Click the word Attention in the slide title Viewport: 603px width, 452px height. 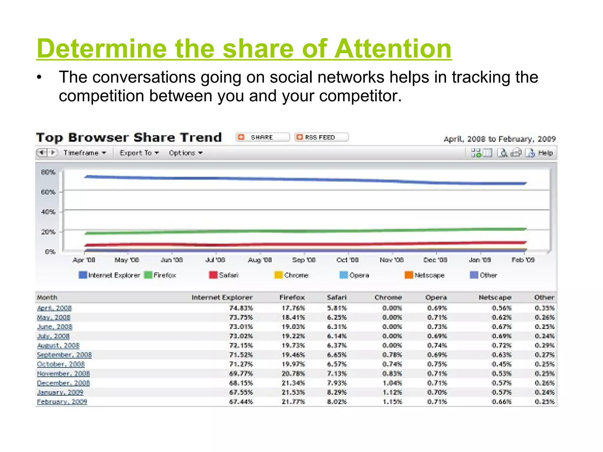point(393,49)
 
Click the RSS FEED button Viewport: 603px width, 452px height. point(321,137)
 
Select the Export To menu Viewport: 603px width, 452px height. point(139,153)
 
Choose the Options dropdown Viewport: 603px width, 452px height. point(185,153)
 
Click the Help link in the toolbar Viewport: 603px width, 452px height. point(545,153)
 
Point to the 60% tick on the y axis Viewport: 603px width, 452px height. point(48,192)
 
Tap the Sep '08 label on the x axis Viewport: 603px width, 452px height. point(304,260)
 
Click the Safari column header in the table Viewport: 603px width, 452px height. point(337,298)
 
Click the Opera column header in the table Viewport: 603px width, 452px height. point(436,298)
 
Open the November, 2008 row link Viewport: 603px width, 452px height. point(63,374)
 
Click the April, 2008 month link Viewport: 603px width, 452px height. point(54,308)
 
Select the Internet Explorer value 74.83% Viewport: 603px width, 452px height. point(241,308)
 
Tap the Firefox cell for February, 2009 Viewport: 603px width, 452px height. point(293,402)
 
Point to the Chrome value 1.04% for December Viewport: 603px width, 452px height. point(392,383)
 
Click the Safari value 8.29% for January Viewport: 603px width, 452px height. point(337,392)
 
